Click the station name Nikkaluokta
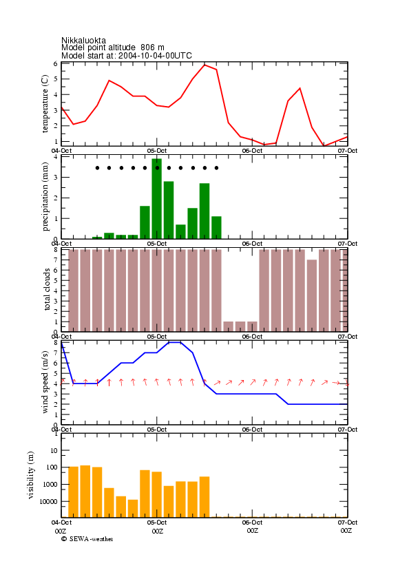coord(83,40)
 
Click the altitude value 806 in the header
coord(147,48)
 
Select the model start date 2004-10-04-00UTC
coord(155,56)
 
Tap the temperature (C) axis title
coord(45,104)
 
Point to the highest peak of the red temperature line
coord(204,65)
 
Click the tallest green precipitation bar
coord(157,199)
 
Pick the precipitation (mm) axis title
coord(45,197)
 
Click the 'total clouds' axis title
coord(47,289)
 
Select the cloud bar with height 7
coord(312,295)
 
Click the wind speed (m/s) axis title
coord(45,382)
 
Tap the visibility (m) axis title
coord(31,475)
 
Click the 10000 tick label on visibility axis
coord(48,501)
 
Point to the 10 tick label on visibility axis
coord(54,450)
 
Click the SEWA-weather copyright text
coord(87,539)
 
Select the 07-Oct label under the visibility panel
coord(348,523)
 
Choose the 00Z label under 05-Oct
coord(158,531)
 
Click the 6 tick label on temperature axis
coord(55,63)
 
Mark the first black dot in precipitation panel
coord(97,168)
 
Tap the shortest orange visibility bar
coord(133,509)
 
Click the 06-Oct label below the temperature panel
coord(252,151)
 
